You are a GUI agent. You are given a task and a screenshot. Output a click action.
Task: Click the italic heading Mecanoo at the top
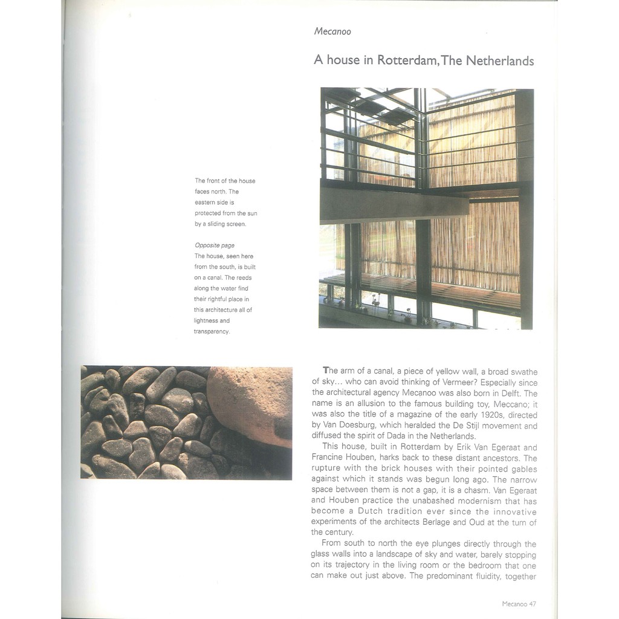click(x=332, y=31)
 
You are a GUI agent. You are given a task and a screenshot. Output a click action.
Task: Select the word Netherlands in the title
click(x=499, y=60)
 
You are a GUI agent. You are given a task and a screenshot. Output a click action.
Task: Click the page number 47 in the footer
click(x=533, y=603)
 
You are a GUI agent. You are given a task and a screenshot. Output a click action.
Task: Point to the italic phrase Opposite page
click(x=214, y=245)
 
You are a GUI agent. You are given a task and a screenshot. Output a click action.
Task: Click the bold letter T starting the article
click(x=326, y=371)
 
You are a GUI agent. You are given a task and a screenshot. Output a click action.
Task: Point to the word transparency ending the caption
click(x=212, y=331)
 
